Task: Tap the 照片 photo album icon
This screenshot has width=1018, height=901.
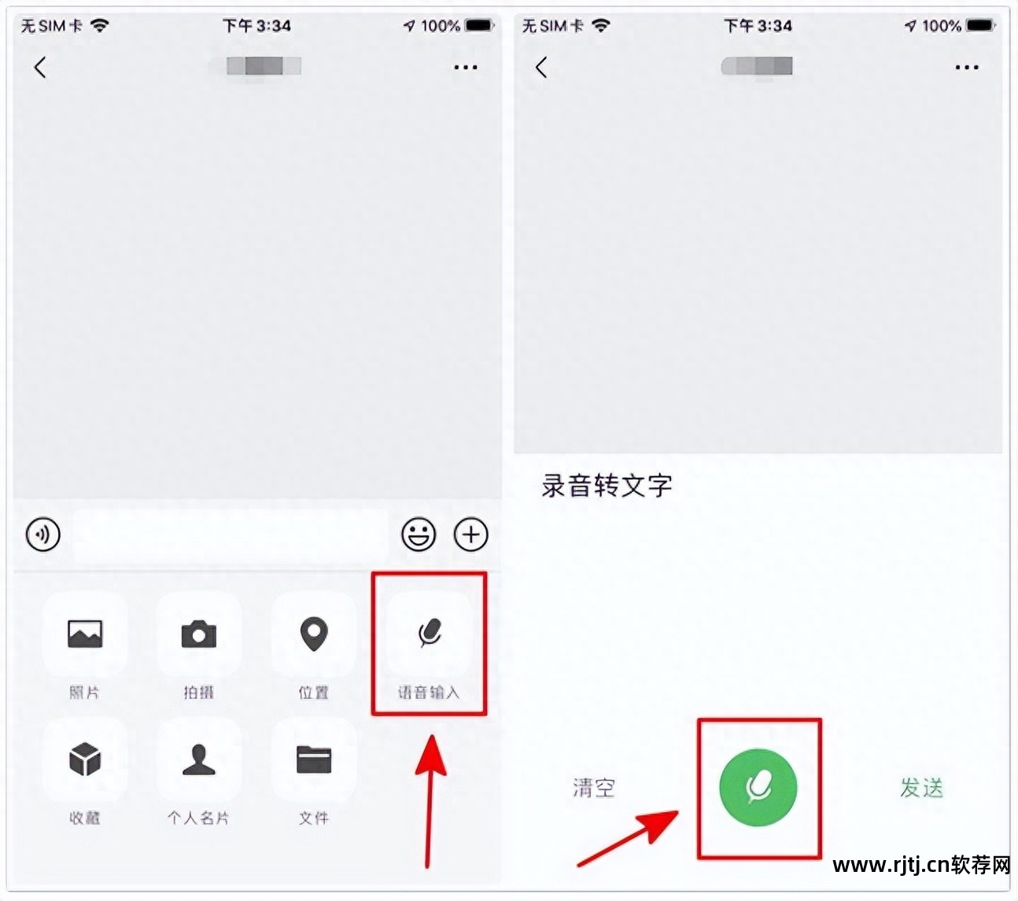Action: [85, 634]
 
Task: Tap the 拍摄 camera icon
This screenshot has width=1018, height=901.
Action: [199, 634]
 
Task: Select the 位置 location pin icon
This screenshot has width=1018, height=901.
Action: [314, 634]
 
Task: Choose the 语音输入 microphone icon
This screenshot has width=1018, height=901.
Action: [429, 633]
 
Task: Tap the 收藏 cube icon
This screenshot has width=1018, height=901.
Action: [85, 759]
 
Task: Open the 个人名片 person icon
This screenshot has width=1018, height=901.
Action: [199, 759]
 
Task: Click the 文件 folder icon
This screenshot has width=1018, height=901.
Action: [314, 759]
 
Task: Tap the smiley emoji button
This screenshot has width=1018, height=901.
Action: [419, 535]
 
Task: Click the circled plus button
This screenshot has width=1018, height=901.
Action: [471, 535]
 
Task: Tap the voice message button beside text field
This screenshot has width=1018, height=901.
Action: [43, 535]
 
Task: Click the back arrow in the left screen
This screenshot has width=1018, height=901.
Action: [40, 68]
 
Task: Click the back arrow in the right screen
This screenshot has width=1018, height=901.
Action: [541, 68]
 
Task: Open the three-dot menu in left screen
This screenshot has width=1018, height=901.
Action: [466, 68]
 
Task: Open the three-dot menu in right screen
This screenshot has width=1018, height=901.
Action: [967, 68]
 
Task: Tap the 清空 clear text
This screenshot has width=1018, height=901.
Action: [594, 788]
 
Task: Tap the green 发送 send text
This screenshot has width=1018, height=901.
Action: [921, 788]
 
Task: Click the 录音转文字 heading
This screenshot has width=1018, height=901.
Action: [607, 486]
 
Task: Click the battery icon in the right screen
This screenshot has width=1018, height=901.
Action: [981, 26]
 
